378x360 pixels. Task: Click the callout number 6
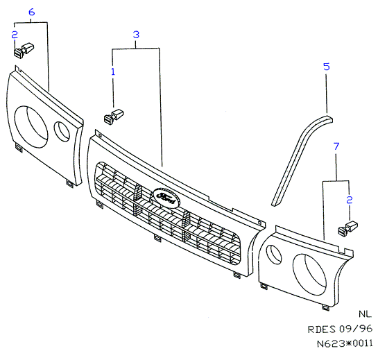tap(32, 12)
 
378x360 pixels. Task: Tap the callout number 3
tap(136, 35)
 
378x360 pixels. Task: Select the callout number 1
tap(113, 71)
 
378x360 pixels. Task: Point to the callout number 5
tap(327, 67)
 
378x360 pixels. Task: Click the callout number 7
tap(336, 146)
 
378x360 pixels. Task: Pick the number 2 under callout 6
tap(15, 35)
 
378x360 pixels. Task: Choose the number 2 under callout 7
tap(350, 200)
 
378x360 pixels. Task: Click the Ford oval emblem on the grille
tap(166, 198)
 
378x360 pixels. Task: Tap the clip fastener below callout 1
tap(114, 117)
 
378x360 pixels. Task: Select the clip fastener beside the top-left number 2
tap(24, 50)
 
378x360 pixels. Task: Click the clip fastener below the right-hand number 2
tap(348, 228)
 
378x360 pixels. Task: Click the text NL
tap(365, 314)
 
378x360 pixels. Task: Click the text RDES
tap(322, 329)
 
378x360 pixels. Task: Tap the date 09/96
tap(356, 329)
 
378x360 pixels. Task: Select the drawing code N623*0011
tap(345, 343)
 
